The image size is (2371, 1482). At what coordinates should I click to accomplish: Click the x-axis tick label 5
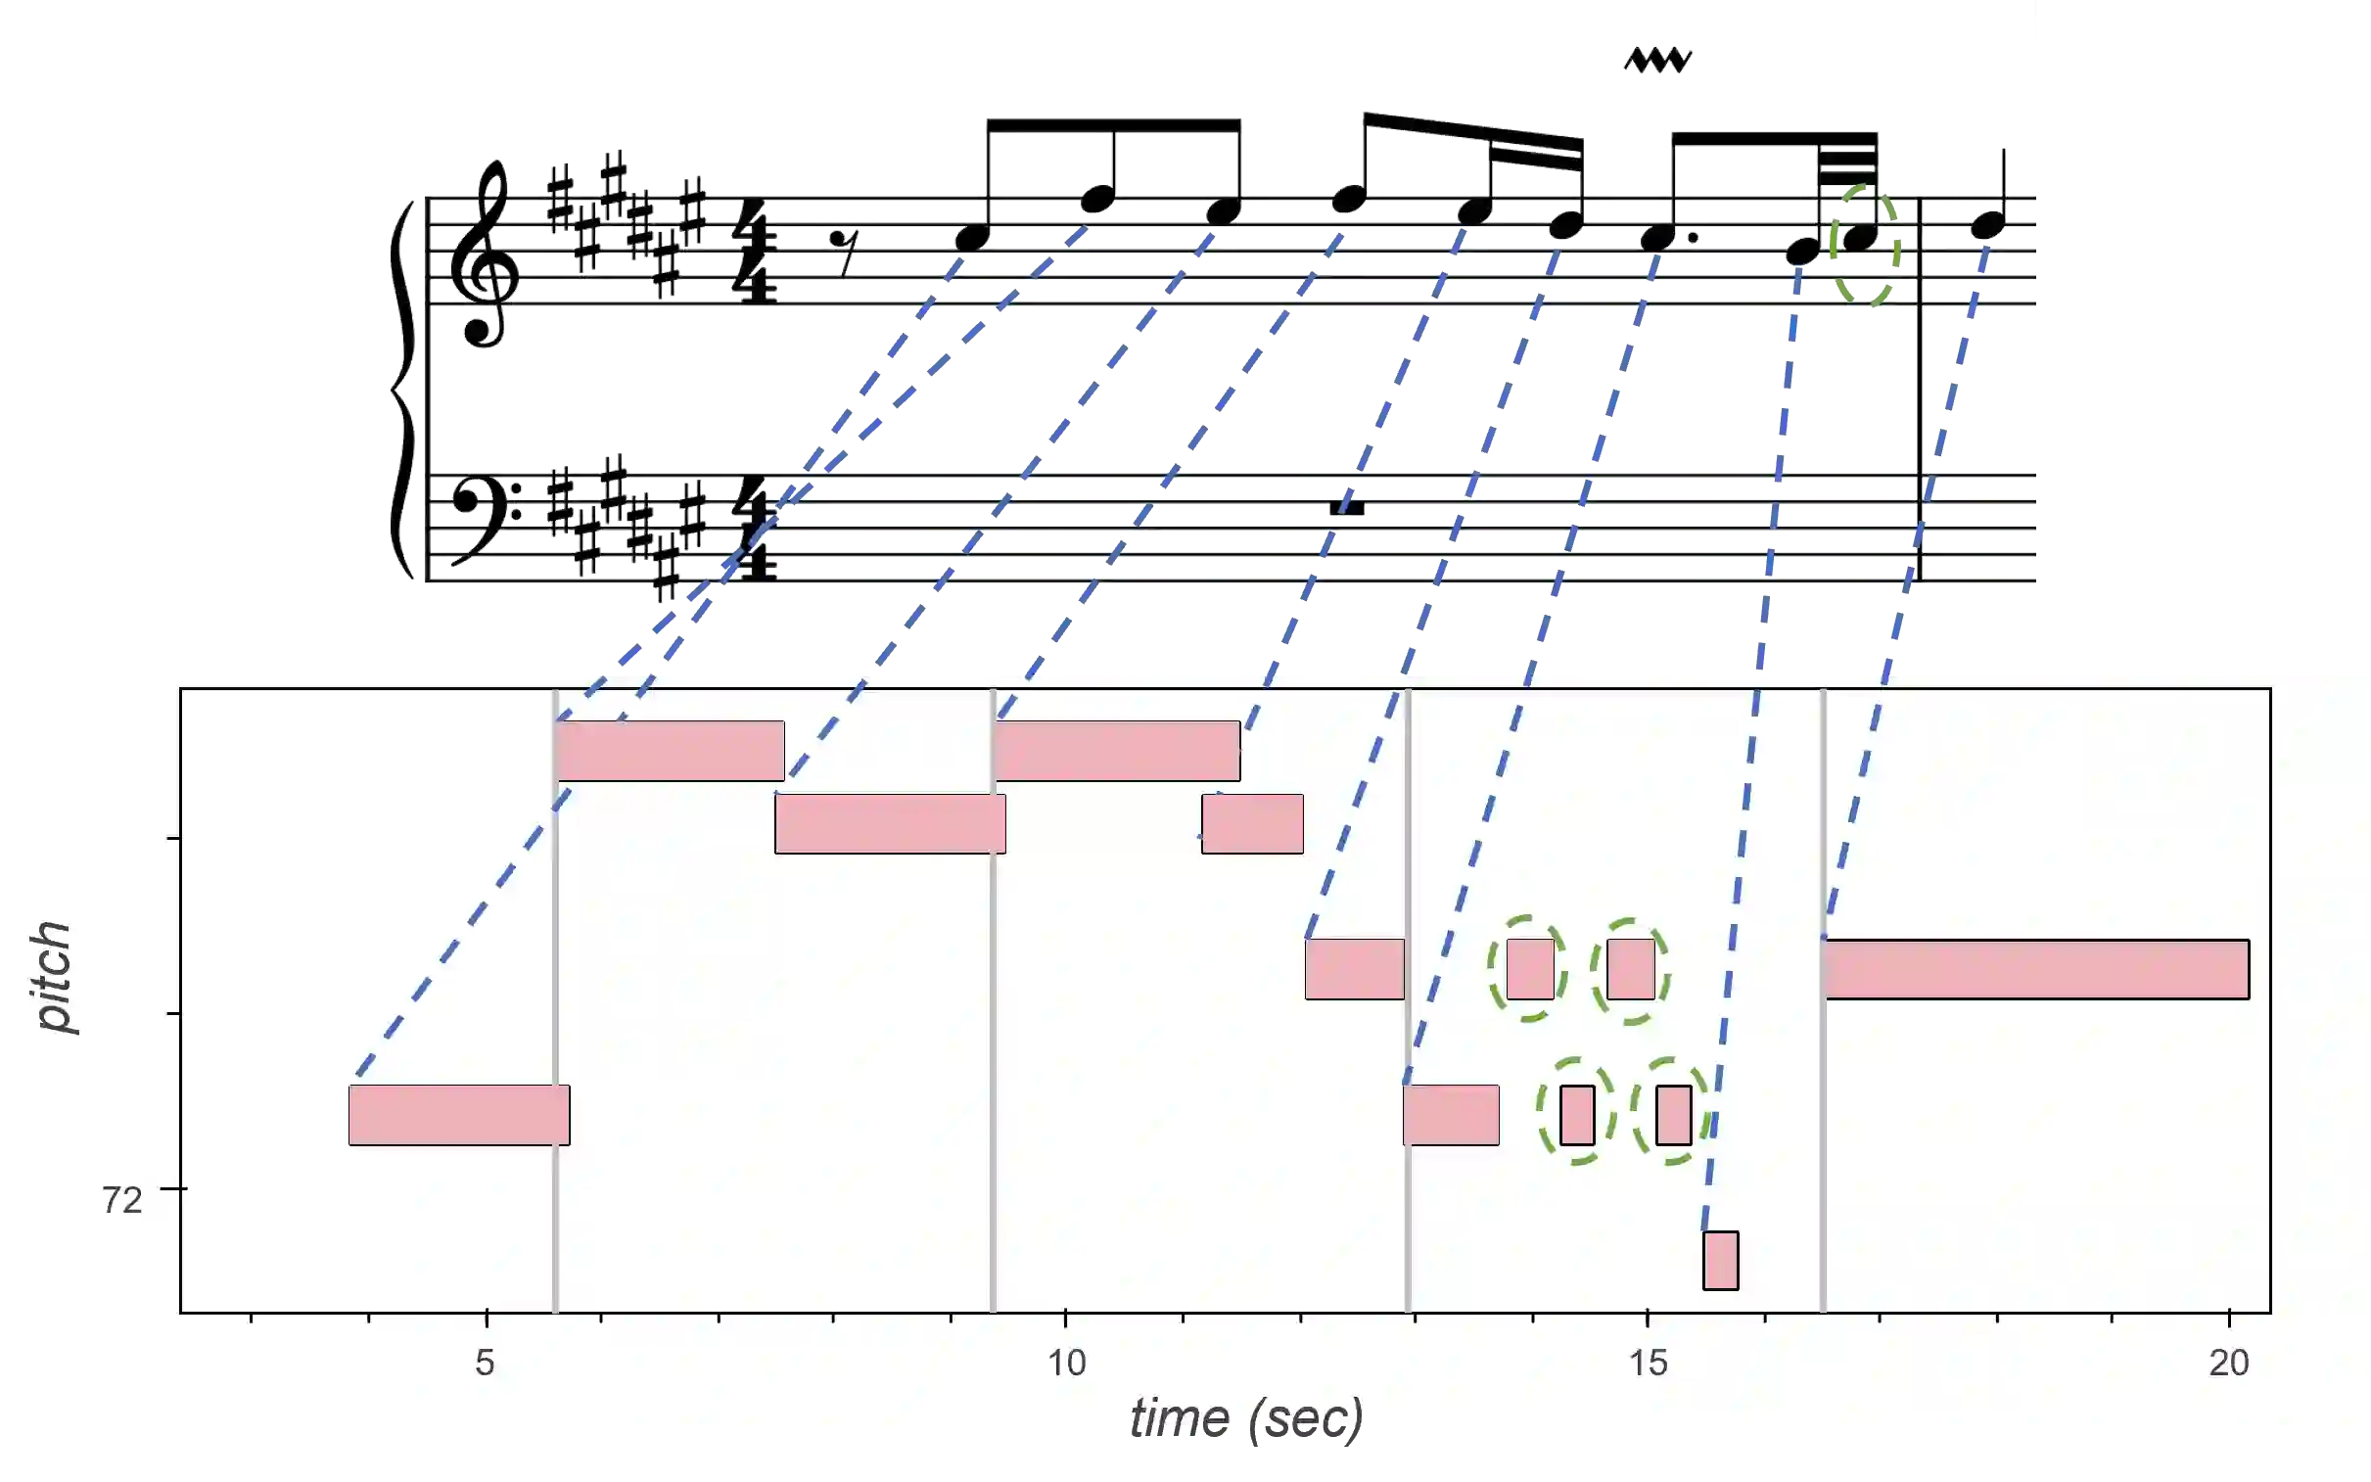click(485, 1364)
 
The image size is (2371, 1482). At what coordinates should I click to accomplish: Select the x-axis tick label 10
click(1066, 1364)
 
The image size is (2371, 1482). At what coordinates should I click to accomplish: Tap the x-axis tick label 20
click(2229, 1364)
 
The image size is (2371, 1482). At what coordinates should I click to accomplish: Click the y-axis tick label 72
click(122, 1200)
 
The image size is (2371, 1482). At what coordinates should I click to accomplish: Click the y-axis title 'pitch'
click(54, 977)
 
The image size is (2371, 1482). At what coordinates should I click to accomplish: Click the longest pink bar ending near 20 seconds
click(2036, 969)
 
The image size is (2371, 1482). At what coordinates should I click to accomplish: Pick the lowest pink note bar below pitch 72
click(1720, 1261)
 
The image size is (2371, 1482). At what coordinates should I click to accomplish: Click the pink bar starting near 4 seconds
click(459, 1115)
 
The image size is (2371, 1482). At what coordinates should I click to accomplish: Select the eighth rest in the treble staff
click(843, 251)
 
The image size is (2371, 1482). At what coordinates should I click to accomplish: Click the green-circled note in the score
click(1860, 237)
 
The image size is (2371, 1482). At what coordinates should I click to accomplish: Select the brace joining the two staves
click(402, 393)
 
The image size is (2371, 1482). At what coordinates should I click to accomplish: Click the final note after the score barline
click(1986, 225)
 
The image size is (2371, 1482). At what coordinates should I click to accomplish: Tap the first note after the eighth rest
click(972, 237)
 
